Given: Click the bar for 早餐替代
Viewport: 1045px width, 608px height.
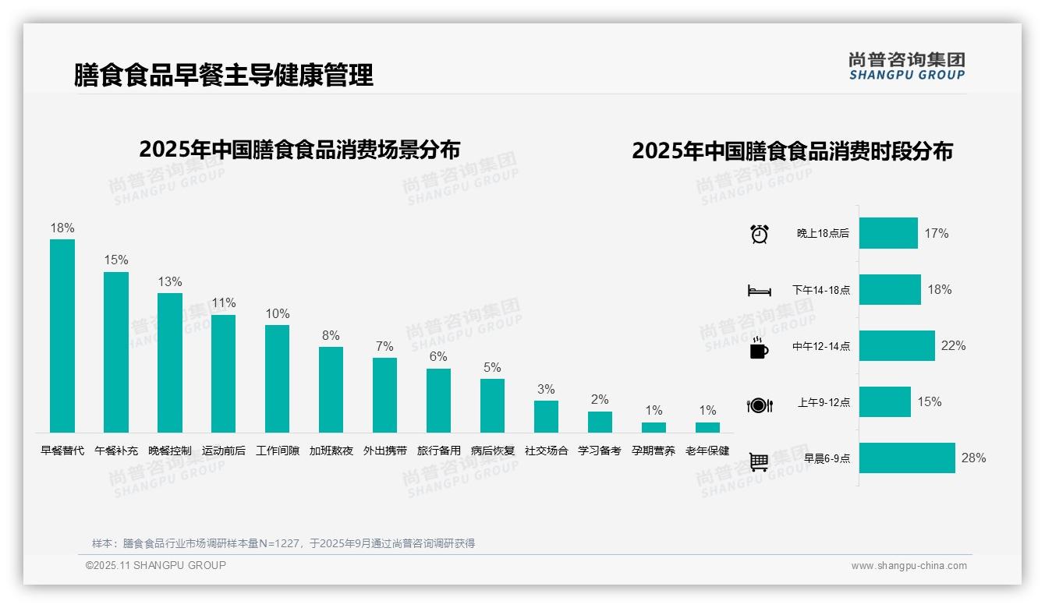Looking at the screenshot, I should tap(62, 335).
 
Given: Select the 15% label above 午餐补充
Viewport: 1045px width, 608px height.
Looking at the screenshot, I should tap(116, 260).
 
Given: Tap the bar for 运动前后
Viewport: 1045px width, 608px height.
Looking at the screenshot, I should tap(224, 373).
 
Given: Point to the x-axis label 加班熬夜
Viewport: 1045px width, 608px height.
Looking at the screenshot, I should tap(331, 451).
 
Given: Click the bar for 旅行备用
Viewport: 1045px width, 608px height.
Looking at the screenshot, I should tap(438, 400).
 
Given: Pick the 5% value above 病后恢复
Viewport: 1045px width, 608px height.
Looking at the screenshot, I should tap(492, 367).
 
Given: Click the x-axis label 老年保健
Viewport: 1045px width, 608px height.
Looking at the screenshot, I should tap(707, 451).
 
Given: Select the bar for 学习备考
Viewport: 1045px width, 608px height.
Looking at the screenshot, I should tap(600, 422).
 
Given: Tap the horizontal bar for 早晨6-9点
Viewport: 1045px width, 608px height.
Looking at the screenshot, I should tap(907, 458).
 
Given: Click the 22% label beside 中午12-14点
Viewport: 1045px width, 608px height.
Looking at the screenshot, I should tap(953, 345).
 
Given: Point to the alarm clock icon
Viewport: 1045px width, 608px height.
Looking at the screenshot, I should tap(759, 233).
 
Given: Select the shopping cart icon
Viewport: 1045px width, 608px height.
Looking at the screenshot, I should tap(759, 461).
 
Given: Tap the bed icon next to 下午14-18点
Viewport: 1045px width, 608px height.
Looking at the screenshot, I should tap(759, 291).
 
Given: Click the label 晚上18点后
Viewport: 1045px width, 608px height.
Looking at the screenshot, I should tap(823, 233).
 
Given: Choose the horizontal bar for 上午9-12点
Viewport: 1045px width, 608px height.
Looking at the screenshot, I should tap(885, 401).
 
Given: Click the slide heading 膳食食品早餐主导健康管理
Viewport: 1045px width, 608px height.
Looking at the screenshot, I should tap(224, 75).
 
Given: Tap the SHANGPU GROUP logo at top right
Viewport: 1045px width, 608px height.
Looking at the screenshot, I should tap(906, 66).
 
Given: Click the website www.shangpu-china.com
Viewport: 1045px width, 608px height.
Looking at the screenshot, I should tap(909, 566).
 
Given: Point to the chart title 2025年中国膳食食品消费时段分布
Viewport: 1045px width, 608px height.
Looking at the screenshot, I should tap(792, 150).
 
